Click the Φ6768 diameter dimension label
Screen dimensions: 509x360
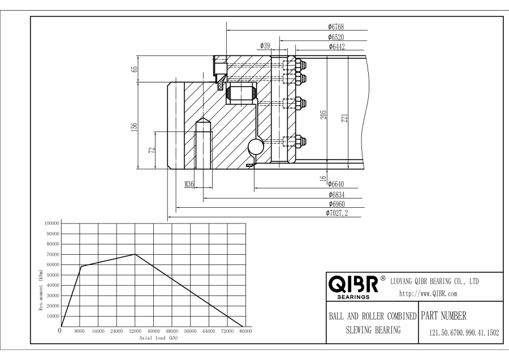pos(335,27)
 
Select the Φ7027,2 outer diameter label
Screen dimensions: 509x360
pos(337,213)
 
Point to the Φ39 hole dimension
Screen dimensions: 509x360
pos(265,45)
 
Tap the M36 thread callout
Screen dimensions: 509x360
pos(189,184)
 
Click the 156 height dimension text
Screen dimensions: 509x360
pos(134,127)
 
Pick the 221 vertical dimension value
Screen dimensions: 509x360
pos(344,118)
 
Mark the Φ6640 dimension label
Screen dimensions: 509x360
pos(335,184)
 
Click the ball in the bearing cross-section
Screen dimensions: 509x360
pos(256,147)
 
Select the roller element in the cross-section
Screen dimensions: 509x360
pos(240,93)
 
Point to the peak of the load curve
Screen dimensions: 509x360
pos(135,254)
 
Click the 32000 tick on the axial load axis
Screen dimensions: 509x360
pos(135,331)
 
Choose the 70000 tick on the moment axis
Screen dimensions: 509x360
pos(53,254)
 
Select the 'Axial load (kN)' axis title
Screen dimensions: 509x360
pos(159,338)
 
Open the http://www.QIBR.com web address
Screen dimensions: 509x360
pos(428,294)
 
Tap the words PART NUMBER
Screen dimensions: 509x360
pos(444,315)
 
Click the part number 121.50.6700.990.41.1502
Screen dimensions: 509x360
pos(464,333)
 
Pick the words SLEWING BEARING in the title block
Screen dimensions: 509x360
pos(373,330)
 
